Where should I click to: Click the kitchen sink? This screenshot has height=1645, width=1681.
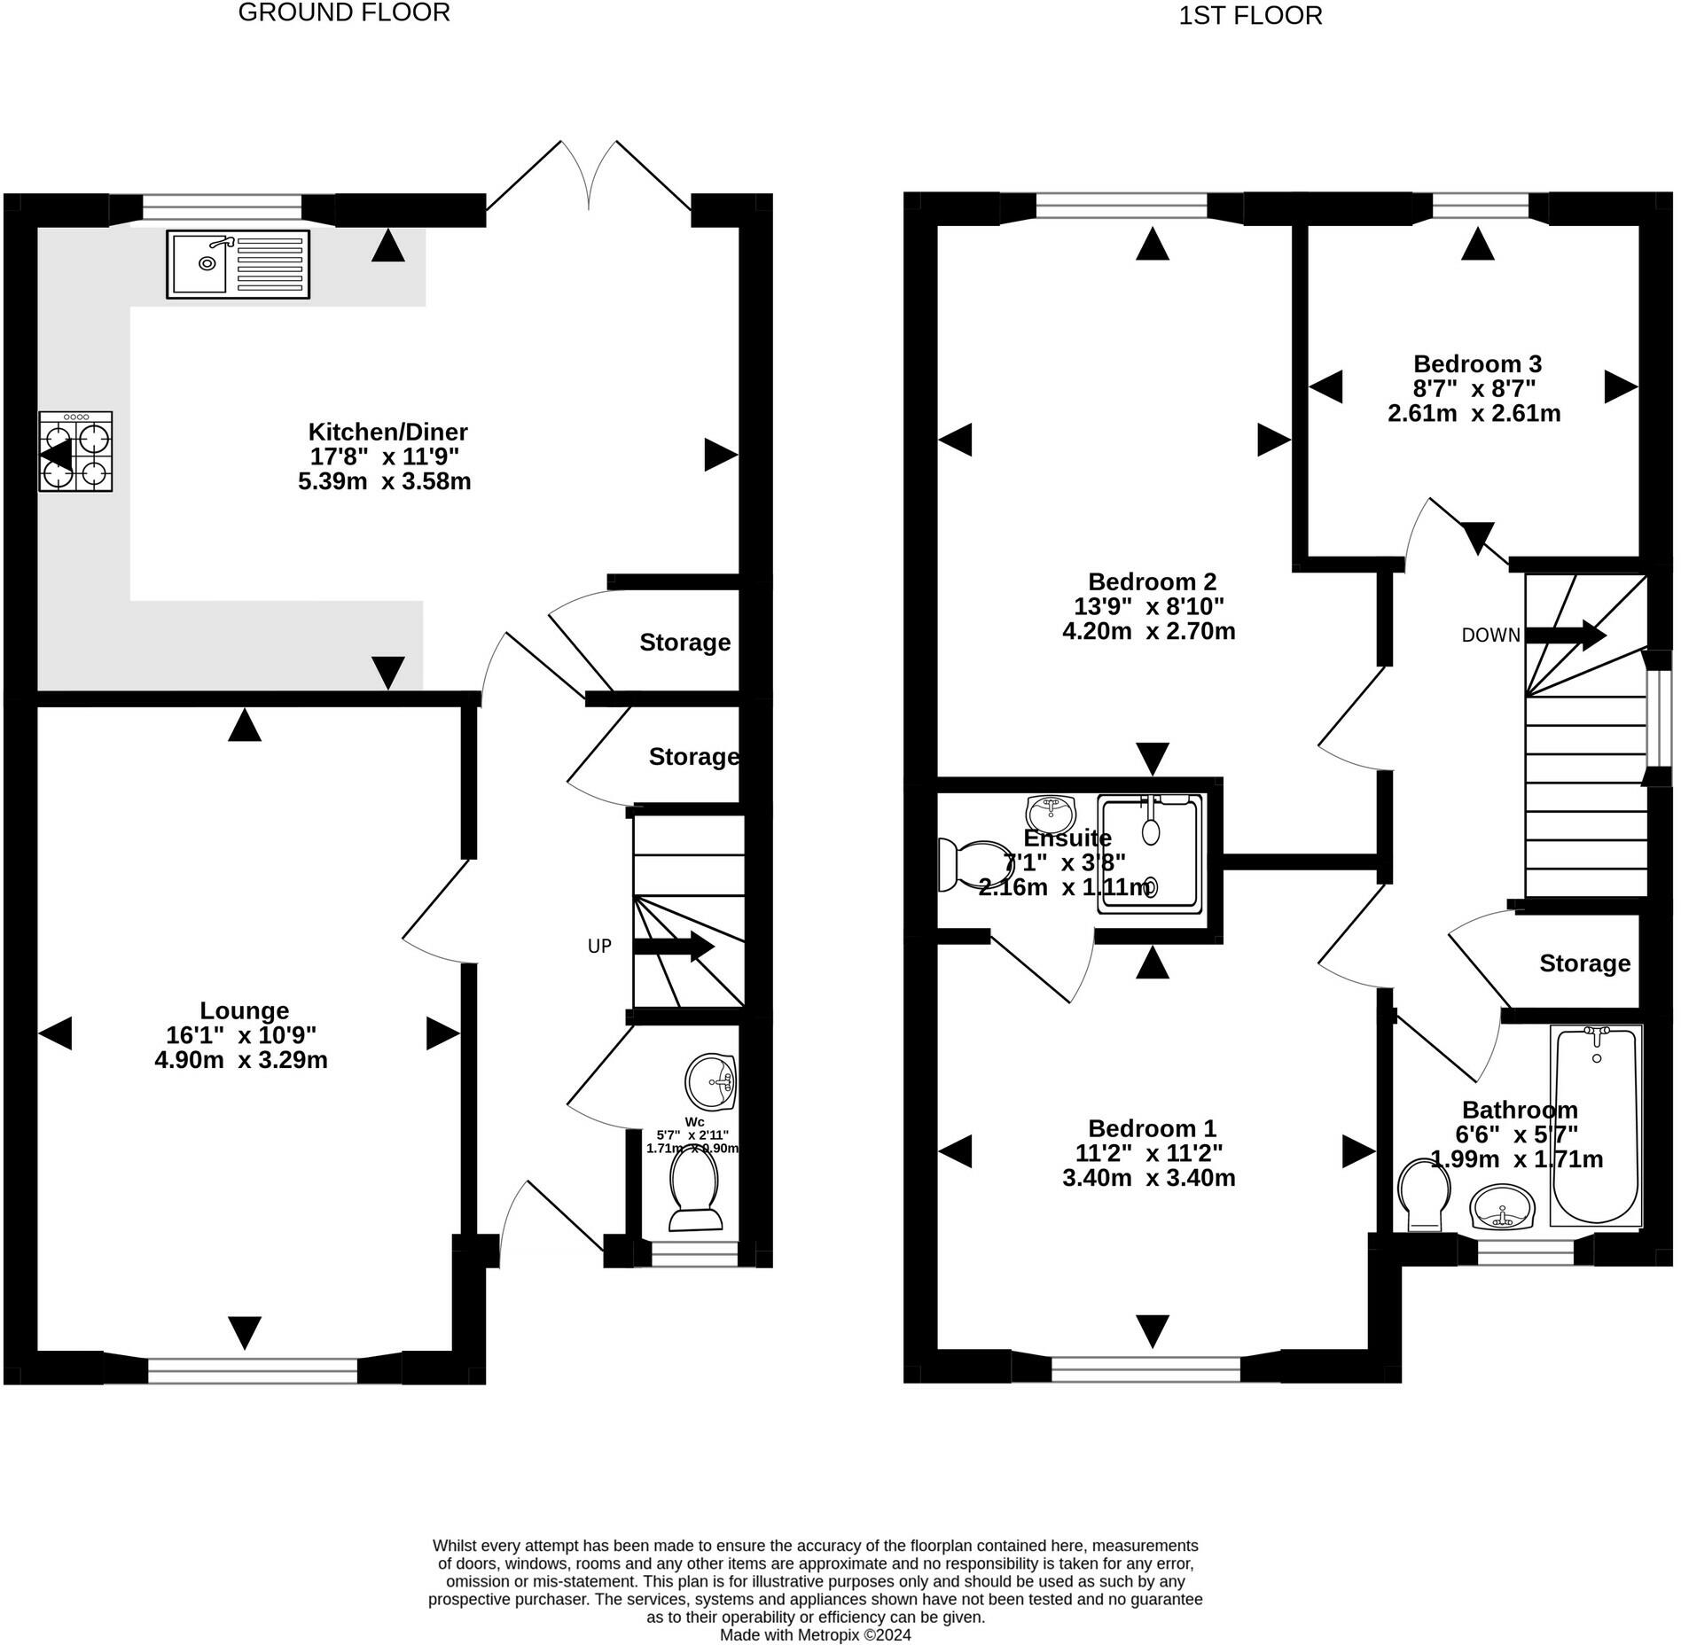coord(238,264)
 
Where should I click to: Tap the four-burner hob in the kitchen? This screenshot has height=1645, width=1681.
coord(76,452)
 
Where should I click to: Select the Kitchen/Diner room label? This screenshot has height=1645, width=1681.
coord(387,433)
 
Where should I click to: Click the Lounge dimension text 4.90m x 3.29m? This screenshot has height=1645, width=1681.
coord(241,1060)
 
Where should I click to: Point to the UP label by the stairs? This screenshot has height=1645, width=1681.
coord(599,947)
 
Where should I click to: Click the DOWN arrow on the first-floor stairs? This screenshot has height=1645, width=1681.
coord(1566,635)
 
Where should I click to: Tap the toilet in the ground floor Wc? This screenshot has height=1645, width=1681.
coord(696,1190)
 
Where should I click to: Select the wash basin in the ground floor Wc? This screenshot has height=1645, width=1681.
coord(711,1081)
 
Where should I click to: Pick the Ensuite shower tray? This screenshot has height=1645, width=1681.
coord(1150,854)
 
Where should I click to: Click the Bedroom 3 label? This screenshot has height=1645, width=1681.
coord(1477,364)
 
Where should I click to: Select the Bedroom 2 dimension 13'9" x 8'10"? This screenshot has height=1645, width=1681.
coord(1149,607)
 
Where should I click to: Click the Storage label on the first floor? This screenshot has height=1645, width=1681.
coord(1584,963)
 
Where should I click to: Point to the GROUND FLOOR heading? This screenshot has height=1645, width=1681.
coord(344,12)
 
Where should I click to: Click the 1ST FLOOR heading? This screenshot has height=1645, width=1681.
coord(1250,16)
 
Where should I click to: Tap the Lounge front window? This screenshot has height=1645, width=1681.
coord(253,1370)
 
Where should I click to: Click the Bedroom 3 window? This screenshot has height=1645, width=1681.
coord(1480,207)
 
